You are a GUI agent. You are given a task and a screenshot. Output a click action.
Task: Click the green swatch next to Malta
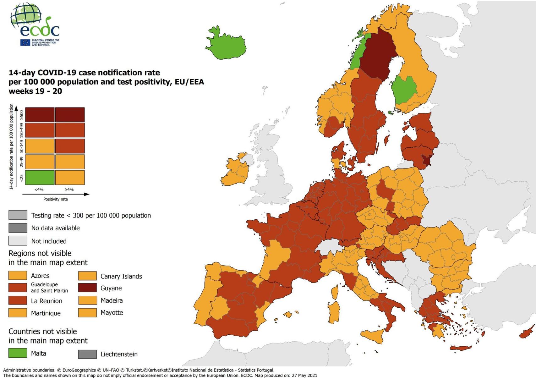point(18,353)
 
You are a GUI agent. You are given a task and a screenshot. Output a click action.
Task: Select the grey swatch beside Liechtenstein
point(87,354)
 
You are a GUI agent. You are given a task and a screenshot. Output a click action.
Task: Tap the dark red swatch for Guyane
point(87,288)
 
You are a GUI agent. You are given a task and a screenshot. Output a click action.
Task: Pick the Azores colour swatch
point(18,276)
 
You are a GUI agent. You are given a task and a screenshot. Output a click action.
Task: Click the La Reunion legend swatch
point(18,300)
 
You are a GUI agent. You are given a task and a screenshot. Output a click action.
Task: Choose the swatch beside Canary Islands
point(87,276)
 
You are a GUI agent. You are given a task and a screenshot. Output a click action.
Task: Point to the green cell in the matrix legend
point(40,177)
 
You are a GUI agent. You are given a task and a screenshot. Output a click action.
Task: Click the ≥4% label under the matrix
point(69,189)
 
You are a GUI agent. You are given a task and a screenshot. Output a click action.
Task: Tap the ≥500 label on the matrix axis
point(21,115)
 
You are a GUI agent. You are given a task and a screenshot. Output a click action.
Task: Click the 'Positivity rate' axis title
point(56,199)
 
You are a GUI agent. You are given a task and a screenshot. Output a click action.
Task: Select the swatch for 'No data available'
point(18,228)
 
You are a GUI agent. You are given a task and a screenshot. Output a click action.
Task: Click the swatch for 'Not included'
point(18,241)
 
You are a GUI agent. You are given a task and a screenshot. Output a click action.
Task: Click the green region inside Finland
point(405,90)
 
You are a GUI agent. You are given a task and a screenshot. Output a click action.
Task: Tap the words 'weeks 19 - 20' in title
point(35,91)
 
